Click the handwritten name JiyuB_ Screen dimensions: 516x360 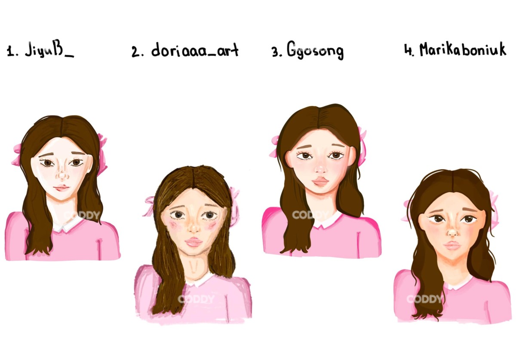tap(49, 49)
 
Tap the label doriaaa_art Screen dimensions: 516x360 tap(195, 49)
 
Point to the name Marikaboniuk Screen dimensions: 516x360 tap(463, 49)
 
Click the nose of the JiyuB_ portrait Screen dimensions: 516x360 tap(62, 175)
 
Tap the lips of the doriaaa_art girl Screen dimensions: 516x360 tap(193, 242)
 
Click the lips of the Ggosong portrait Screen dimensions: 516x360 tap(321, 182)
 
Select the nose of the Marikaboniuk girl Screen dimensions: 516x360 tap(453, 232)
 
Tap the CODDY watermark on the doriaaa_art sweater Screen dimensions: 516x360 tap(196, 299)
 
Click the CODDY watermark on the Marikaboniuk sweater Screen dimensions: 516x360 tap(424, 299)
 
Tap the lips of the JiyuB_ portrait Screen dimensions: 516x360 tap(61, 188)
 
